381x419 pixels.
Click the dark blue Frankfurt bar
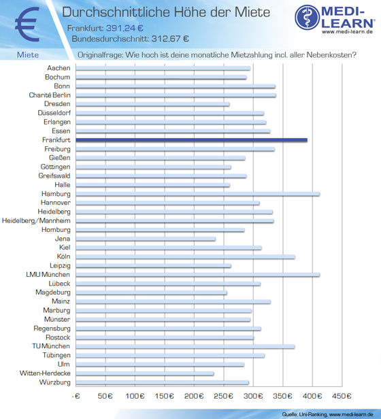tap(191, 140)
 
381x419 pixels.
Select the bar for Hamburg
tap(197, 194)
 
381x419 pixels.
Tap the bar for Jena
tap(146, 239)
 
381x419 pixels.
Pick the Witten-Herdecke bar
tap(145, 373)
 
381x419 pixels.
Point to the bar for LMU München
tap(197, 275)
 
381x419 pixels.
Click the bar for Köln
tap(185, 257)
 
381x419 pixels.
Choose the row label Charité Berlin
tap(50, 95)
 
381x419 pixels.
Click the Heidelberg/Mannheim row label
tap(36, 220)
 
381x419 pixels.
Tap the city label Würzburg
tap(55, 382)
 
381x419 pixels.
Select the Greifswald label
tap(54, 175)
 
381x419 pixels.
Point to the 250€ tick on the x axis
tap(224, 396)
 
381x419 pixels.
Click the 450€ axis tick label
tap(342, 396)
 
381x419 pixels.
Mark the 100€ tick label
tap(135, 396)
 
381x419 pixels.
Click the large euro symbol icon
tap(27, 24)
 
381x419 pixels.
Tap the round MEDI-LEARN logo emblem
tap(308, 18)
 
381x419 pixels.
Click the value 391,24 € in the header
tap(125, 28)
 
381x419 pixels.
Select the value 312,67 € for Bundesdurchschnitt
tap(170, 39)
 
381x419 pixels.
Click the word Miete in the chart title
tap(252, 12)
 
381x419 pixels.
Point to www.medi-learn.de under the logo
tap(347, 31)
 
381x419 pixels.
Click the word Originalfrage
tap(100, 55)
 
